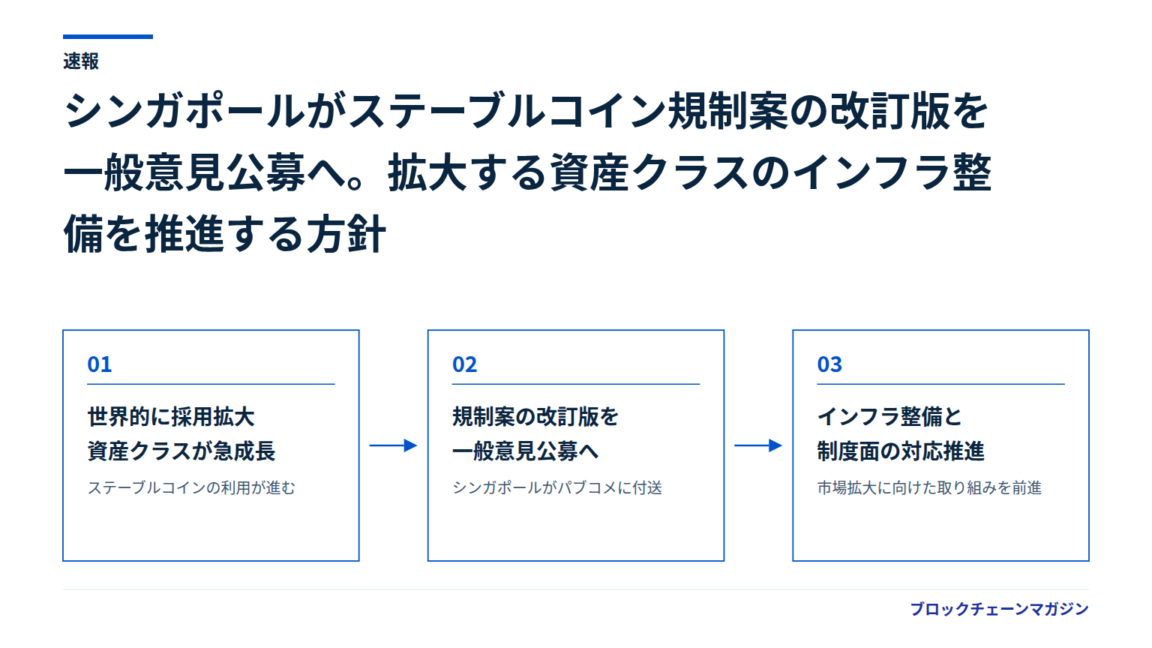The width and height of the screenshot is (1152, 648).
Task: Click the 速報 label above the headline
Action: click(x=81, y=61)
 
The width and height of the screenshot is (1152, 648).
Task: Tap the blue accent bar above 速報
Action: click(x=108, y=37)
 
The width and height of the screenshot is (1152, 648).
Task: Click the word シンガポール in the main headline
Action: click(x=184, y=110)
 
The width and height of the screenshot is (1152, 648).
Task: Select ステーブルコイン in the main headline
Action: click(x=507, y=110)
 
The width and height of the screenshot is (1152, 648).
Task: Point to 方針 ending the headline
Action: click(x=346, y=234)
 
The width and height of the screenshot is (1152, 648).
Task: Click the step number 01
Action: click(x=99, y=364)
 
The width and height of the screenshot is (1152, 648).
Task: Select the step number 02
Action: click(x=464, y=364)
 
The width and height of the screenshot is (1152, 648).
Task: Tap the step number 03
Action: click(x=829, y=364)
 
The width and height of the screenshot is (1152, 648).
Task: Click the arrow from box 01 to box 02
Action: click(x=393, y=445)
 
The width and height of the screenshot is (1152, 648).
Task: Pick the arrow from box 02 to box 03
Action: click(x=758, y=445)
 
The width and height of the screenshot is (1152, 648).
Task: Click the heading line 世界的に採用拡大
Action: click(x=171, y=416)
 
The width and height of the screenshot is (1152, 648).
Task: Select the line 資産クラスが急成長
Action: click(x=181, y=451)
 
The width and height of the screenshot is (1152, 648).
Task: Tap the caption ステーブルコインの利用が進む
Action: click(x=191, y=487)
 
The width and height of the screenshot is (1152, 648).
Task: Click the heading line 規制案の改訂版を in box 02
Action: click(x=535, y=416)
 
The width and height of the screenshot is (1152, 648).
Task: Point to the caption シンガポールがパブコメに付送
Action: click(x=557, y=487)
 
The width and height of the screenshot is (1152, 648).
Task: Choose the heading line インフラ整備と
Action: click(x=889, y=416)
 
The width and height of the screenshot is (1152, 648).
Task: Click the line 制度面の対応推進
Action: click(x=901, y=451)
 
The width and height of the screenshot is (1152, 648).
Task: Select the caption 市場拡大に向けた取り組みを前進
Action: click(x=929, y=487)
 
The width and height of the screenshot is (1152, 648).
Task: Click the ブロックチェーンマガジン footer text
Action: click(x=999, y=609)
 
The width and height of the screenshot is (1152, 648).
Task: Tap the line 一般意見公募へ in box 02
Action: click(x=525, y=451)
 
